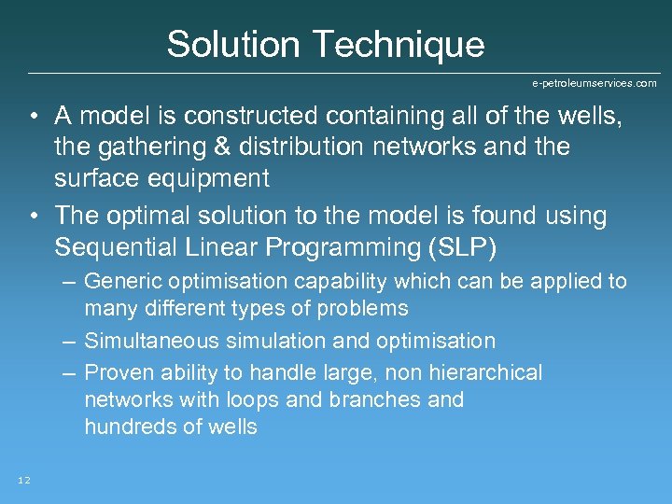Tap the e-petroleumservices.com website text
tap(594, 83)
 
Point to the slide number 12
tap(24, 480)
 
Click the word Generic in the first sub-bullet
tap(118, 281)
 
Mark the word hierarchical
tap(484, 372)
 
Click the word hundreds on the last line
tap(121, 427)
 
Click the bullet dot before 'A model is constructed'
tap(33, 117)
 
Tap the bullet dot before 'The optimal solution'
tap(33, 217)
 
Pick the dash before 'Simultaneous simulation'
tap(69, 341)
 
